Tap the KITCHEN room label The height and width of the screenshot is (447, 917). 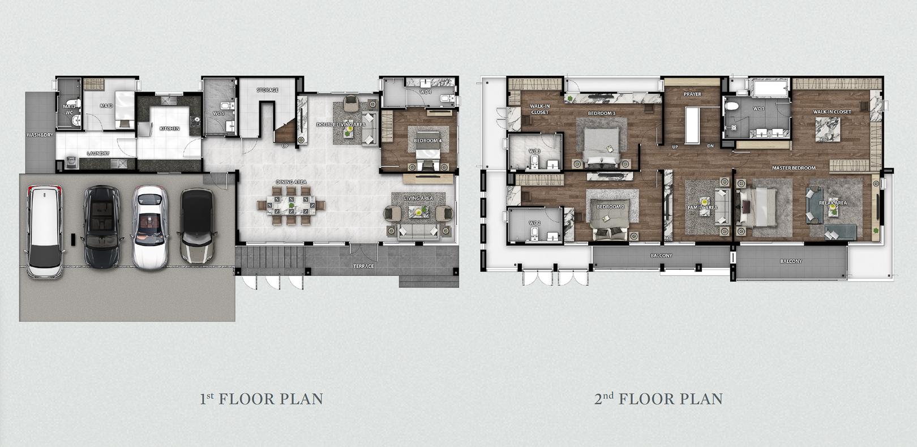169,128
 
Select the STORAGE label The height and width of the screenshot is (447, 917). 267,90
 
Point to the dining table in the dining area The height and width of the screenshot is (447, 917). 290,205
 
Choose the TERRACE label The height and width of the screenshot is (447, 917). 363,266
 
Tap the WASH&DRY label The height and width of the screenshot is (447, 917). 40,135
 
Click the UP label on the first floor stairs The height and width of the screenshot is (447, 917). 285,146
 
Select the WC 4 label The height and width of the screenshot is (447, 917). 426,92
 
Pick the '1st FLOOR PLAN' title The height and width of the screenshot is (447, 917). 261,399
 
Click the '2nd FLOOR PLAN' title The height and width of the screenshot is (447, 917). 659,399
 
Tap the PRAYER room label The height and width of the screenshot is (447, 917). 692,94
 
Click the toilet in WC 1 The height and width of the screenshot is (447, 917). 731,106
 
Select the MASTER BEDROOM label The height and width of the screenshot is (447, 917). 794,168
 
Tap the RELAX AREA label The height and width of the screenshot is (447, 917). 833,203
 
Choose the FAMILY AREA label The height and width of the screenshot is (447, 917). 702,208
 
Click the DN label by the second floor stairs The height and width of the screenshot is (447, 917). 711,146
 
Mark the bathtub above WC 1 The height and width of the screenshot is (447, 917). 771,88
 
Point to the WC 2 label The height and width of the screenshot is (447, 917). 535,223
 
